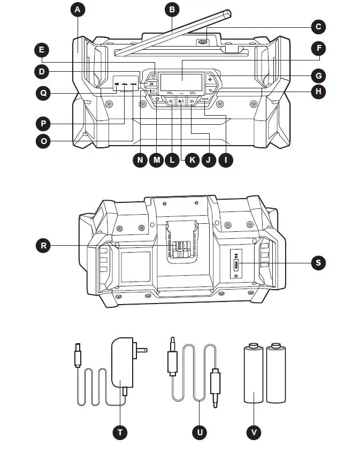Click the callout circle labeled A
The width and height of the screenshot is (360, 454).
[78, 10]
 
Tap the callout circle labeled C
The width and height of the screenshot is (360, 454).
[319, 26]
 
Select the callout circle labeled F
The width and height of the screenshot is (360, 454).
[319, 49]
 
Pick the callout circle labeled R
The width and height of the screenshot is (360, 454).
[44, 246]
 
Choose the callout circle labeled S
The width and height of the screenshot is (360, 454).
[319, 263]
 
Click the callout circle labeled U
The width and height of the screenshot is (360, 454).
[200, 432]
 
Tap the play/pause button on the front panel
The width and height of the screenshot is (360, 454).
[181, 101]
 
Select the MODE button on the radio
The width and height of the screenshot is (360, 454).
[205, 99]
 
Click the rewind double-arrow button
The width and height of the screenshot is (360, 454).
[170, 101]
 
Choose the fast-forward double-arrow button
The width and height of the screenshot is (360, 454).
[192, 101]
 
